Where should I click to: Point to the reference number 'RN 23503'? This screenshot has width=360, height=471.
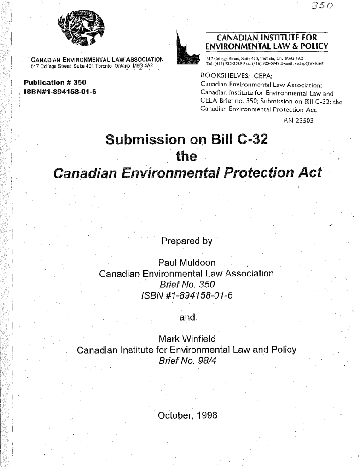298,121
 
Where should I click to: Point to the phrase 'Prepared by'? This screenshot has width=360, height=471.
186,241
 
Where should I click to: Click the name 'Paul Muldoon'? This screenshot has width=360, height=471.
186,263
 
